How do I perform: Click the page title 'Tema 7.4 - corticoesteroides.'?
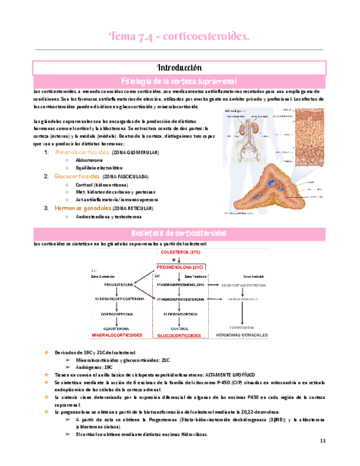coord(180,36)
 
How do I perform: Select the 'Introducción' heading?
coord(180,68)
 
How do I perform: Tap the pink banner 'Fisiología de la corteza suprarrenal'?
coord(180,80)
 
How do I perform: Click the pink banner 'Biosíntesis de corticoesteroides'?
coord(180,232)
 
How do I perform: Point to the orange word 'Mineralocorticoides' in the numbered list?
coord(82,151)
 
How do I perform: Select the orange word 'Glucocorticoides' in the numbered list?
coord(77,176)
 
